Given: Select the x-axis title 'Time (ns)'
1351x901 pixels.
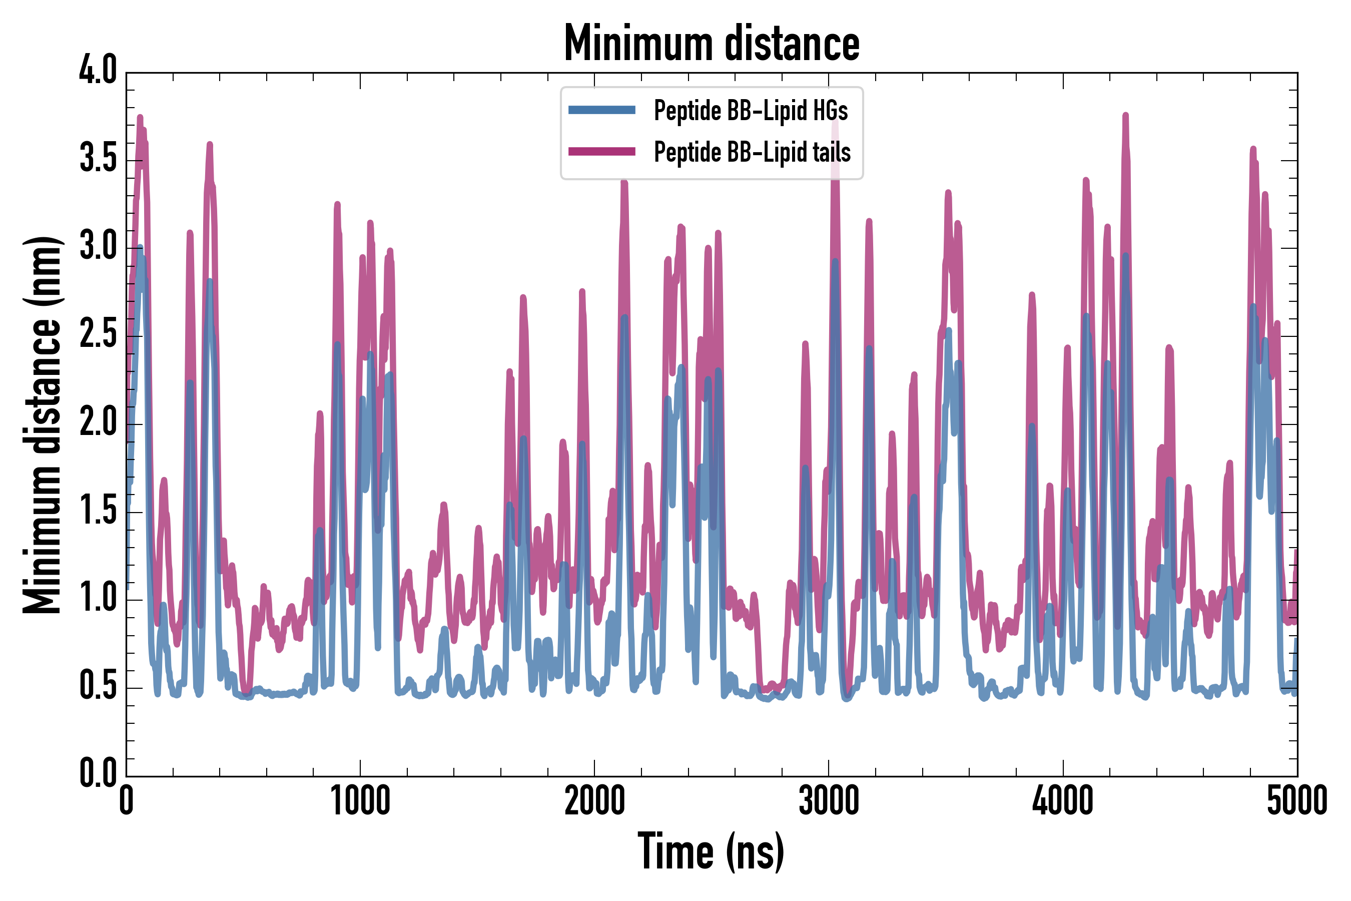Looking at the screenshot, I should (x=711, y=851).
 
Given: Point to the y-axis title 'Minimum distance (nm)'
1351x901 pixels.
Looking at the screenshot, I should (x=42, y=425).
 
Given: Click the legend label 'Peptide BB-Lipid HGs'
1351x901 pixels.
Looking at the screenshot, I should (x=750, y=110).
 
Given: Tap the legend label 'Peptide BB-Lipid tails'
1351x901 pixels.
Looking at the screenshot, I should (x=752, y=152).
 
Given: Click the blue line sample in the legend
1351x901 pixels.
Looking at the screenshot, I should (x=601, y=110).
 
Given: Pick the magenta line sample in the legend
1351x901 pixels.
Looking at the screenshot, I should (x=601, y=152).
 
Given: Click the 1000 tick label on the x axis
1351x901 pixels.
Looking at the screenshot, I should (x=360, y=800).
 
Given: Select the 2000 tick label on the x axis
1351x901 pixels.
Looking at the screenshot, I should (x=594, y=800).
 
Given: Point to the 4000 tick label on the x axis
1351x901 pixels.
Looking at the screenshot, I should (x=1063, y=800).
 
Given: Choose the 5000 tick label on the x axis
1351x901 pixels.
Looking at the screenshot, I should (x=1296, y=800).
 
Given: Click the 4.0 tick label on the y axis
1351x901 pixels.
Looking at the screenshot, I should (x=98, y=71).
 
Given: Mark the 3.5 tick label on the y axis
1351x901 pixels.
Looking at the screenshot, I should (x=98, y=159).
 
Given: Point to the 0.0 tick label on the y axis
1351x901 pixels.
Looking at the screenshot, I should (x=98, y=773).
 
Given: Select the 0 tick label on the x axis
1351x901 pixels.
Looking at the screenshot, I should (x=127, y=800).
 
